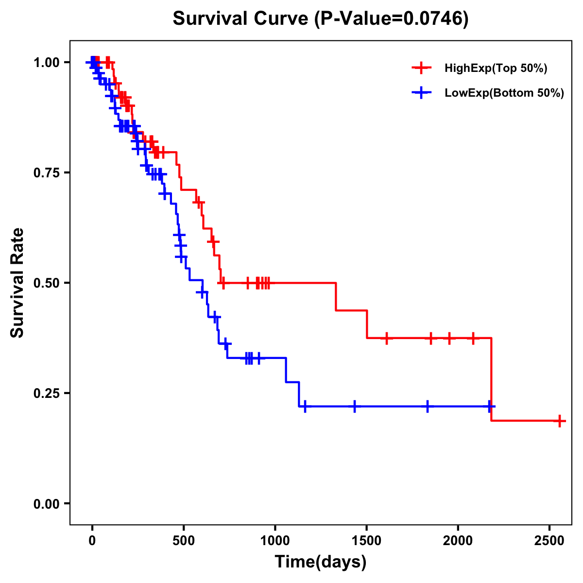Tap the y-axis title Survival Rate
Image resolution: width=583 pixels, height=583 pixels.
click(x=17, y=283)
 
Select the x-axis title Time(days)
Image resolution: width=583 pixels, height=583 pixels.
click(x=320, y=562)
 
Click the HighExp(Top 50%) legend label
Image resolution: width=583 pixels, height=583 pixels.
click(x=496, y=69)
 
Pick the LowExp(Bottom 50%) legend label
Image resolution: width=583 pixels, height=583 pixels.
click(x=504, y=93)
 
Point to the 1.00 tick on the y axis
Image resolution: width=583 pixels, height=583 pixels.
click(x=46, y=63)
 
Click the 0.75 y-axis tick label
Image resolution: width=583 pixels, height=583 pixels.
click(x=46, y=173)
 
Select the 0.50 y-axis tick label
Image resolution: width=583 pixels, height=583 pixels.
click(x=46, y=283)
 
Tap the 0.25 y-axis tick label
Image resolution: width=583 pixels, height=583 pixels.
click(x=46, y=394)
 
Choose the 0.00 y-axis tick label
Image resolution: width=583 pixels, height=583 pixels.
click(x=46, y=504)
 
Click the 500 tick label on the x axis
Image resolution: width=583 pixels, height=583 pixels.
click(x=184, y=540)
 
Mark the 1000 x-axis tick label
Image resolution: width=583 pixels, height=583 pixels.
click(x=275, y=540)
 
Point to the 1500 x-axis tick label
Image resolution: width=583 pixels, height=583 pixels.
click(x=366, y=540)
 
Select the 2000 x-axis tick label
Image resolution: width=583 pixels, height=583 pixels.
click(x=458, y=540)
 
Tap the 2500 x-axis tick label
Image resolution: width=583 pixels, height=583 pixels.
click(x=549, y=540)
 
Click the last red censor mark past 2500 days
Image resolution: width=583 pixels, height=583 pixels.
click(x=560, y=421)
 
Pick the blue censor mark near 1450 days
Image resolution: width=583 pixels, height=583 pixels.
click(x=355, y=406)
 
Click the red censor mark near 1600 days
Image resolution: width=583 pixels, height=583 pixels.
click(x=387, y=338)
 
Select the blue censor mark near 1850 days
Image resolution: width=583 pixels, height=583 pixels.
click(x=428, y=406)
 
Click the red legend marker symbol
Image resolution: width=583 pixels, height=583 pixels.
click(x=421, y=68)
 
